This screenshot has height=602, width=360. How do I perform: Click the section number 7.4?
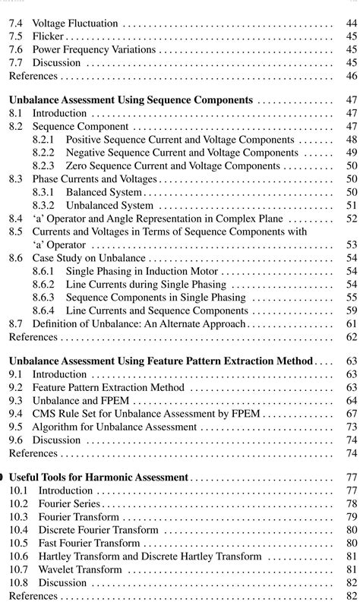[17, 24]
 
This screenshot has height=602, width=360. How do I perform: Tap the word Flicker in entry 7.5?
[49, 37]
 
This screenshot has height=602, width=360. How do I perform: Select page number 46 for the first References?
[351, 76]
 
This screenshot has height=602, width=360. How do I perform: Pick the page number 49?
[351, 153]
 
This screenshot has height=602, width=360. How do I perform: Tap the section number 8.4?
[17, 219]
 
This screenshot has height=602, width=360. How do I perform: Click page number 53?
[351, 245]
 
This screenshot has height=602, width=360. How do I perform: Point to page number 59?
[351, 310]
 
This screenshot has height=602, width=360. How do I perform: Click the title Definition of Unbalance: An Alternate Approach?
[139, 323]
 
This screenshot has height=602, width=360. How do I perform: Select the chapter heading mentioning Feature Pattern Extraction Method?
[160, 361]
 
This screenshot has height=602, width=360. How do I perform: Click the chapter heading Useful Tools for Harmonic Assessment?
[98, 478]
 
